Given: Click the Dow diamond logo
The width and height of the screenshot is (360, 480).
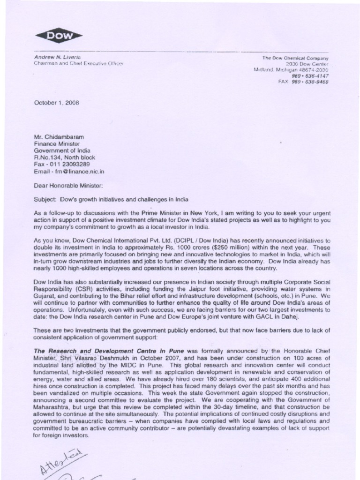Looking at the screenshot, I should click(58, 36).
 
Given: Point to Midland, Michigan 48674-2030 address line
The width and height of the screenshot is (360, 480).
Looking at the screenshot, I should click(291, 69).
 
